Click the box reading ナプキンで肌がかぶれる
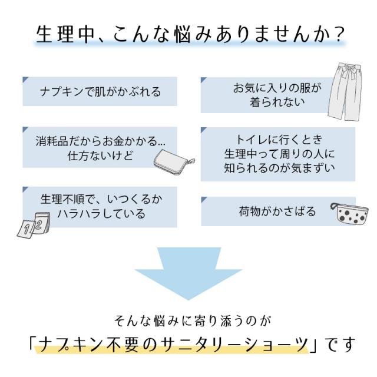click(100, 92)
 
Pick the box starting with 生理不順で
click(100, 206)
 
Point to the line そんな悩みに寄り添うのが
click(188, 322)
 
